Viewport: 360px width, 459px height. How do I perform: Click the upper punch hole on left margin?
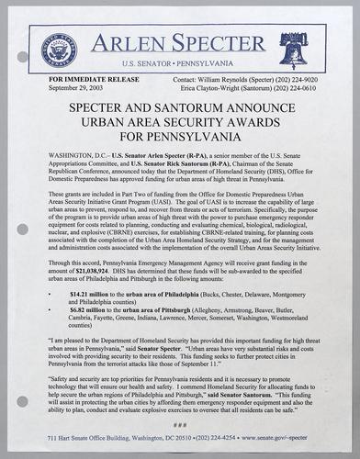pos(21,57)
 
